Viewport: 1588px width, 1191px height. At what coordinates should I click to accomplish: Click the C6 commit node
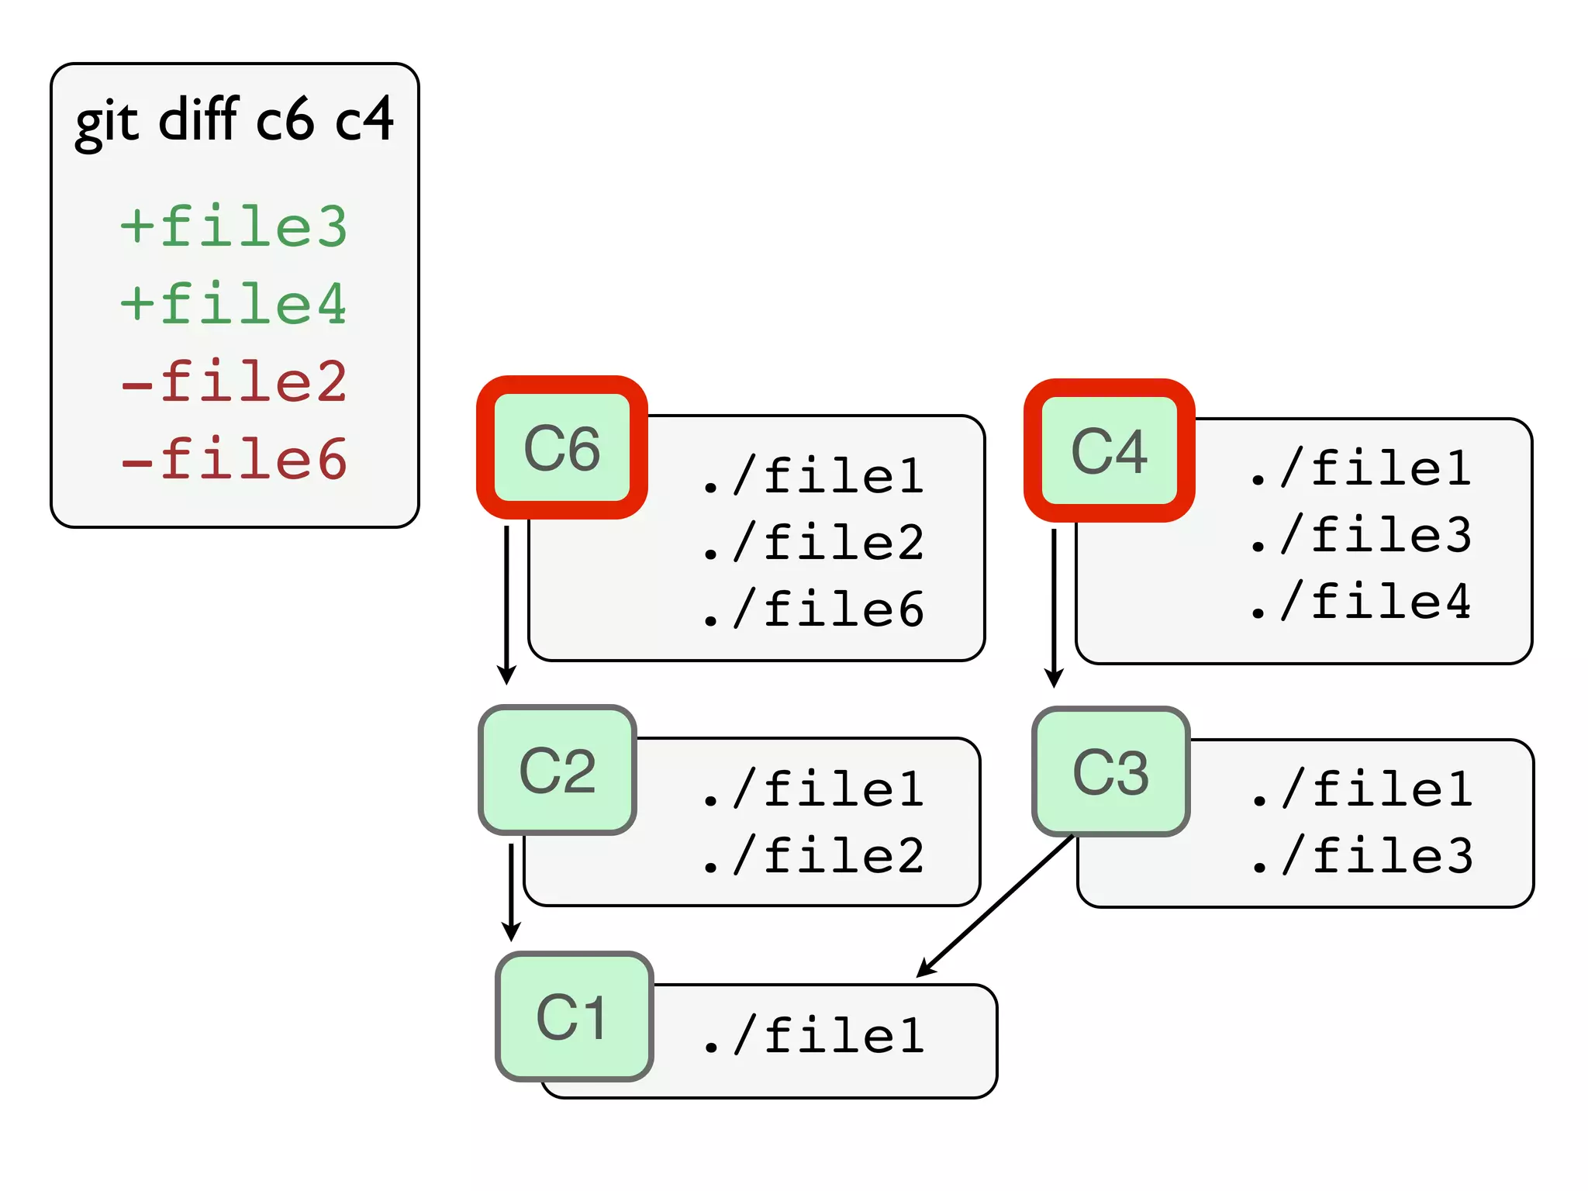tap(562, 448)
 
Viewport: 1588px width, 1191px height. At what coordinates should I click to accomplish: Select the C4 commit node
tap(1109, 451)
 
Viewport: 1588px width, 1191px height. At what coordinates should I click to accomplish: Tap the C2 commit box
tap(558, 770)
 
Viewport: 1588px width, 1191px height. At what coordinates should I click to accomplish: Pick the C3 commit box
tap(1110, 772)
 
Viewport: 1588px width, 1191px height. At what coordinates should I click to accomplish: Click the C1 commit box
tap(574, 1016)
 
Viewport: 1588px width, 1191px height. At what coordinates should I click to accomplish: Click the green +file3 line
tap(233, 226)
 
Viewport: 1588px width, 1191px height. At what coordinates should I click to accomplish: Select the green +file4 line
tap(233, 304)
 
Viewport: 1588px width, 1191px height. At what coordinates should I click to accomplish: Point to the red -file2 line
tap(233, 381)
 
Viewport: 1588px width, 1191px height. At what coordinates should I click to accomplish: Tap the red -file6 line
tap(233, 459)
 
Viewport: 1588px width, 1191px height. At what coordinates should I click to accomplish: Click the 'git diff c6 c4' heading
tap(234, 120)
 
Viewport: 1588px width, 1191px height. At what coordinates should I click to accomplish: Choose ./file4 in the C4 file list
tap(1361, 602)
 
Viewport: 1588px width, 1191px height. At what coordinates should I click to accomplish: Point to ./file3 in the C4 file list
tap(1361, 535)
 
